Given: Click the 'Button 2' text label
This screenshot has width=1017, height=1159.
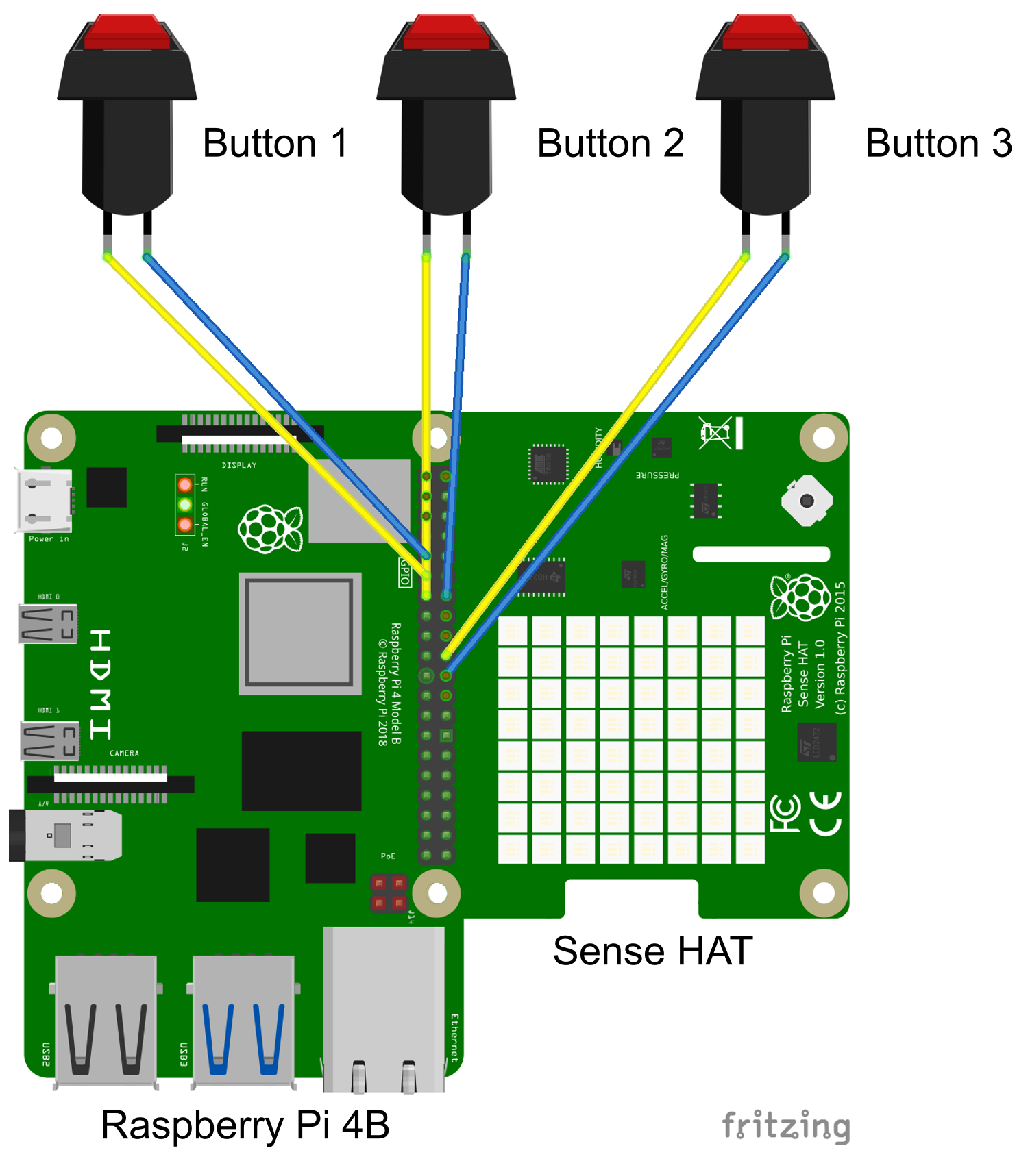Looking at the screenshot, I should tap(611, 144).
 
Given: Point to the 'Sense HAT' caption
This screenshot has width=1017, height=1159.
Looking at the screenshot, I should tap(652, 951).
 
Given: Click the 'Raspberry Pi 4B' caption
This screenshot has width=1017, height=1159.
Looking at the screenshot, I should tap(245, 1125).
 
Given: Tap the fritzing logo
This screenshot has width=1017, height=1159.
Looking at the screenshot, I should tap(786, 1126).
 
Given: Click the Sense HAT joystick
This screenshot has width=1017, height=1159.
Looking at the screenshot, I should tap(807, 501).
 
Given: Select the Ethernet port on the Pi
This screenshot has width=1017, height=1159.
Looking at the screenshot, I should tap(384, 1007).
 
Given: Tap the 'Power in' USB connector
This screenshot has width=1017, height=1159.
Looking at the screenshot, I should tap(43, 501).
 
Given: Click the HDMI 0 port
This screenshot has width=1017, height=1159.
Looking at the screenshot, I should tap(48, 623).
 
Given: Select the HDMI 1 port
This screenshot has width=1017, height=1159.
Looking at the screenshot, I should tap(49, 740).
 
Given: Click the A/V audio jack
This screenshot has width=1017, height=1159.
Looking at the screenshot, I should tap(66, 835).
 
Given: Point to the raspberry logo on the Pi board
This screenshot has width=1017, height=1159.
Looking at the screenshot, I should tap(270, 528).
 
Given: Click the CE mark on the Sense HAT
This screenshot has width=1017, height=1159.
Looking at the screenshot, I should tap(826, 813).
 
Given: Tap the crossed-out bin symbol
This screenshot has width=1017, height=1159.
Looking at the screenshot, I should tap(715, 433).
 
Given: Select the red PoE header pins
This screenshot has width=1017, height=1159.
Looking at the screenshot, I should tap(389, 893).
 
